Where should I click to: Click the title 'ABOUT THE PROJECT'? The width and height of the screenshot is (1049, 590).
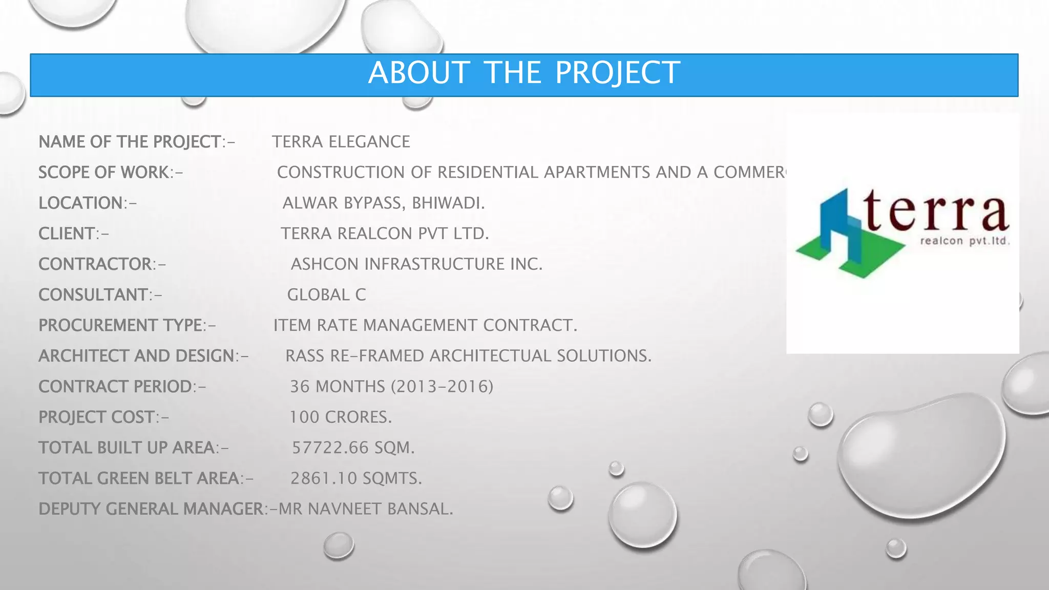tap(523, 73)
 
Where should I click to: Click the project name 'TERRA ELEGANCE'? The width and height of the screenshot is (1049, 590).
tap(341, 142)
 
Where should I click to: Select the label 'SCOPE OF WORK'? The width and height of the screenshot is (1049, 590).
tap(104, 173)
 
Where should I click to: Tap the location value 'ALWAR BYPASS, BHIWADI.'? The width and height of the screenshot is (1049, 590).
tap(383, 203)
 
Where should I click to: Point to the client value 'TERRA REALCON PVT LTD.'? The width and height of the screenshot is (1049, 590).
tap(385, 234)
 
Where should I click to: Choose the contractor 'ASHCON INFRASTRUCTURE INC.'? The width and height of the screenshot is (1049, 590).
tap(416, 264)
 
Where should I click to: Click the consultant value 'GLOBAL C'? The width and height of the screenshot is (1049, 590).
tap(326, 295)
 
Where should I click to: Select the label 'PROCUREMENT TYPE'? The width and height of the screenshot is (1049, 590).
tap(121, 325)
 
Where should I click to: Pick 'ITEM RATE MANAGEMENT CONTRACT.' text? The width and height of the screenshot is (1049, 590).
tap(425, 325)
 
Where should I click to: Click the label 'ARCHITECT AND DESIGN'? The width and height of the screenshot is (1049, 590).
tap(136, 356)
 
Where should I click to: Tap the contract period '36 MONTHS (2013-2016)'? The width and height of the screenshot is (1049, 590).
tap(392, 387)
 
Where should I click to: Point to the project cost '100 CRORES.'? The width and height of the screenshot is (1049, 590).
tap(341, 417)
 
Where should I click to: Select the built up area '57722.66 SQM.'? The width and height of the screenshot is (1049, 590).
tap(353, 448)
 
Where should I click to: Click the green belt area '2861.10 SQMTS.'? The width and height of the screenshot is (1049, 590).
tap(356, 478)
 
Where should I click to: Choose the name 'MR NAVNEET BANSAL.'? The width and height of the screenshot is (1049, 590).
tap(366, 509)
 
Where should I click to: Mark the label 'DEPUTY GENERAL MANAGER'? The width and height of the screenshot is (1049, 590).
tap(151, 509)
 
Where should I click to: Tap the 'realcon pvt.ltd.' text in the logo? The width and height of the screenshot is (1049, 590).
tap(965, 241)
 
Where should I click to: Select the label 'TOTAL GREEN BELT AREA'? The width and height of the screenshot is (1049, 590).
tap(139, 478)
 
